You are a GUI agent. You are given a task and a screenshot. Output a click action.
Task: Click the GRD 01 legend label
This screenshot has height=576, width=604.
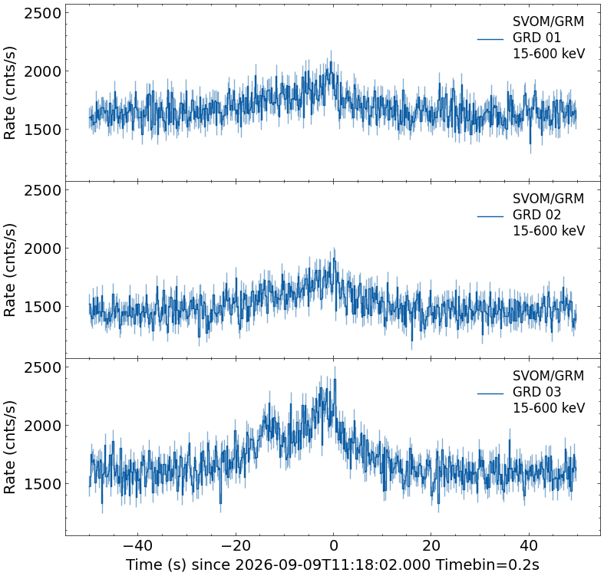pyautogui.click(x=536, y=38)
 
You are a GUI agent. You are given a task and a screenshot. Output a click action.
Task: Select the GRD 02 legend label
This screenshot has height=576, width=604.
pyautogui.click(x=536, y=215)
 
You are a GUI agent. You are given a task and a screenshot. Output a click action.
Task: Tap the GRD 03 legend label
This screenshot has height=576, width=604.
pyautogui.click(x=536, y=392)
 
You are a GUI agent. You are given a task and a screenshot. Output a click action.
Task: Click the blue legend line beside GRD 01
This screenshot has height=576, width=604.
pyautogui.click(x=490, y=39)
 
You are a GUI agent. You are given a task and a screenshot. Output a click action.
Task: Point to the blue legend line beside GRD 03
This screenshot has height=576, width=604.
pyautogui.click(x=490, y=393)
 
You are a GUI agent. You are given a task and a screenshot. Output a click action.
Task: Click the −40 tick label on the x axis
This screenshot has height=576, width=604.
pyautogui.click(x=138, y=545)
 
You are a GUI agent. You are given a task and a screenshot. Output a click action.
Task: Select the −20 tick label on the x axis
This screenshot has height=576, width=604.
pyautogui.click(x=236, y=545)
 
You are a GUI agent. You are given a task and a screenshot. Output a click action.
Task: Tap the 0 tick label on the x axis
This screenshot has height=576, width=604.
pyautogui.click(x=334, y=545)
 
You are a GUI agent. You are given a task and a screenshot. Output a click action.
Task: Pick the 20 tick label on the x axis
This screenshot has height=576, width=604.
pyautogui.click(x=431, y=545)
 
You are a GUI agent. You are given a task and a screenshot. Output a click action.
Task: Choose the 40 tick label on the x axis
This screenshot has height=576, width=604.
pyautogui.click(x=529, y=545)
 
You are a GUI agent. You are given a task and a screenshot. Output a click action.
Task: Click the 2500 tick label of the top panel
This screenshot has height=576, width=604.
pyautogui.click(x=42, y=13)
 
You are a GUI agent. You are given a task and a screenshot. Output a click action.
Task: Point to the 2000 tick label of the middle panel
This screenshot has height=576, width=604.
pyautogui.click(x=42, y=249)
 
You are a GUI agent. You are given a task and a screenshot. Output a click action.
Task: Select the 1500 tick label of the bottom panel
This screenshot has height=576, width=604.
pyautogui.click(x=42, y=484)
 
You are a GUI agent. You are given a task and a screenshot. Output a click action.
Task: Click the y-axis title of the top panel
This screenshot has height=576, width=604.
pyautogui.click(x=9, y=93)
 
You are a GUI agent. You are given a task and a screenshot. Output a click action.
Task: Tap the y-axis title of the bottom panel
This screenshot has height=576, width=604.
pyautogui.click(x=9, y=447)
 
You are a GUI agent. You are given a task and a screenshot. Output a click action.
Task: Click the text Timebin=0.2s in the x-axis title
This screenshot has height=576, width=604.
pyautogui.click(x=487, y=564)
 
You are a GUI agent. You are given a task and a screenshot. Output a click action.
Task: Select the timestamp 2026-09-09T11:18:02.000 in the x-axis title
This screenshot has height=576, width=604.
pyautogui.click(x=332, y=564)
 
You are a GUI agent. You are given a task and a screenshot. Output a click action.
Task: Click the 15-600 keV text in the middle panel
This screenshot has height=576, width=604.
pyautogui.click(x=549, y=231)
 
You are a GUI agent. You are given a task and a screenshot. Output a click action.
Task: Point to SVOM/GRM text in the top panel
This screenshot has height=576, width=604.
pyautogui.click(x=548, y=21)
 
